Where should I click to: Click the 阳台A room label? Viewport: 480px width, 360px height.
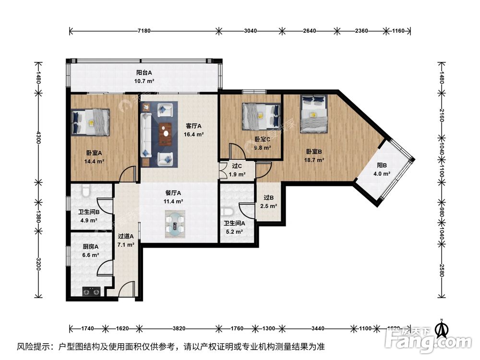click(x=144, y=72)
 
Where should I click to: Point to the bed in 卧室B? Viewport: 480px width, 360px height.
click(x=314, y=113)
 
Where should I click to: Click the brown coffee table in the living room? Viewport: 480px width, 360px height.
click(x=166, y=133)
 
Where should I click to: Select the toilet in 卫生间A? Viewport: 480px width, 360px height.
click(x=228, y=212)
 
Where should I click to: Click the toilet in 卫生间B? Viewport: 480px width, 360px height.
click(x=85, y=191)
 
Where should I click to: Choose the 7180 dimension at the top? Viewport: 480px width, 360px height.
click(x=144, y=31)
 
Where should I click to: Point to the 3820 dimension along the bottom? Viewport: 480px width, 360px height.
click(x=179, y=329)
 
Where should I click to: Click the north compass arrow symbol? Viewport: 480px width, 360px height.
click(x=441, y=328)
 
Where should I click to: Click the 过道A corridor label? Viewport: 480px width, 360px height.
click(x=126, y=236)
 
